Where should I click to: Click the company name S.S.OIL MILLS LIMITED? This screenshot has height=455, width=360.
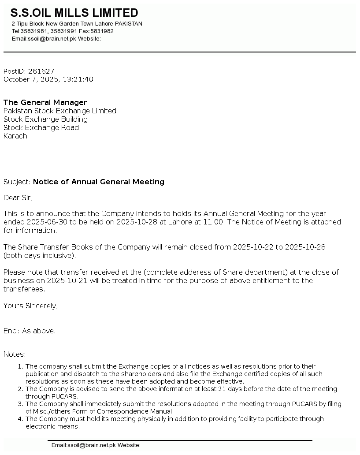tap(74, 13)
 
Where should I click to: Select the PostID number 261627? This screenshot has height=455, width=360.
tap(41, 71)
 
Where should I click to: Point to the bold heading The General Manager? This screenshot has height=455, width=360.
tap(45, 102)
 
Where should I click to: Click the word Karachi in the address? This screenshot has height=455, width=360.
tap(16, 136)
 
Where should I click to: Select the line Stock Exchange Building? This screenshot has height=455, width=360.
tap(45, 119)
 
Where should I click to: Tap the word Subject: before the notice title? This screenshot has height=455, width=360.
tap(17, 182)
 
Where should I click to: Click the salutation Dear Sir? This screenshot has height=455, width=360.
tap(18, 198)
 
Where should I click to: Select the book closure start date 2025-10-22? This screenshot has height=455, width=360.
tap(253, 247)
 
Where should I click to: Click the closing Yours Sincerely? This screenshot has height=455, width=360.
tap(30, 306)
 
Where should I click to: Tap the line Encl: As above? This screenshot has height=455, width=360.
tap(30, 331)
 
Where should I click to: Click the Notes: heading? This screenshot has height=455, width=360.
tap(15, 354)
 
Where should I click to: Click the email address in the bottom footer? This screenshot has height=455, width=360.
tap(84, 445)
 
